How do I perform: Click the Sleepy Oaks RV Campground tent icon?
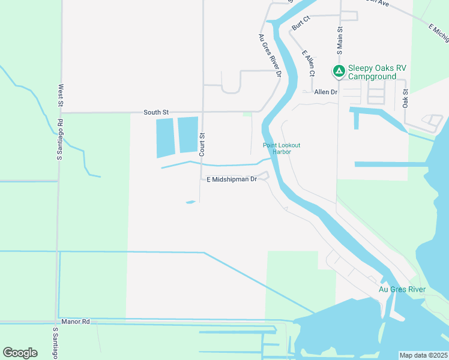point(339,72)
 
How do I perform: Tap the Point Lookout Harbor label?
point(281,148)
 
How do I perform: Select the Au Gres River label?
point(402,289)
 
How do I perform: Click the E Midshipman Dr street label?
point(232,179)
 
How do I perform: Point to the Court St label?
point(202,145)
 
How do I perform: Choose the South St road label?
point(156,112)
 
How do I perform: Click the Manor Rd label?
point(75,322)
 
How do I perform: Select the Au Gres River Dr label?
point(270,56)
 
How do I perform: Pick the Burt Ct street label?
point(300,23)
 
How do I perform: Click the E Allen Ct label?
point(309,63)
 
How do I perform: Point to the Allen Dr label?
point(325,92)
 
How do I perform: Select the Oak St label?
point(406,99)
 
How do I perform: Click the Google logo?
point(20,352)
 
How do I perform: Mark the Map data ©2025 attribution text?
point(423,355)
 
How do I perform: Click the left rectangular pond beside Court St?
point(165,137)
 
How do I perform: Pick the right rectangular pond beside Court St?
point(188,134)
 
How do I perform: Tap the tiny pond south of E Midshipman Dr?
point(191,202)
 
